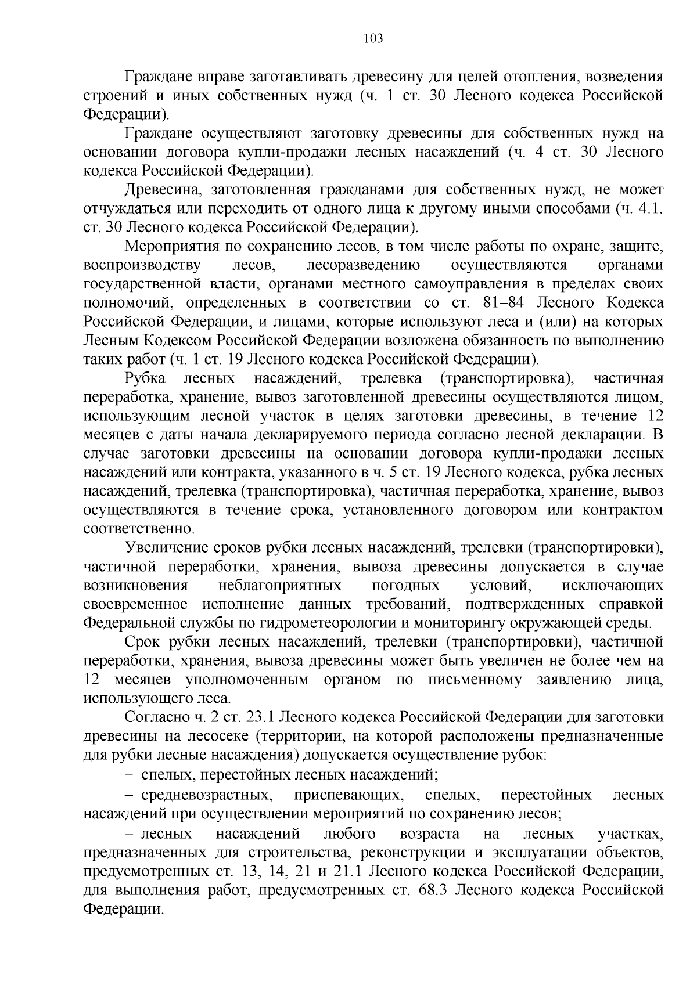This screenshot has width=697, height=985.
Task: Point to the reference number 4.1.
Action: click(x=650, y=209)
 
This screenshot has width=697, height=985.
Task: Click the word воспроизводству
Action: click(x=142, y=265)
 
